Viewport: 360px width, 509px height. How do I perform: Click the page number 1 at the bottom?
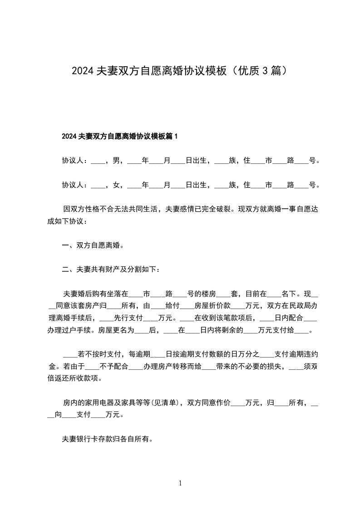point(180,483)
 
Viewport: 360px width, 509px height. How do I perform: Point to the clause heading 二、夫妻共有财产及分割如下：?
point(111,270)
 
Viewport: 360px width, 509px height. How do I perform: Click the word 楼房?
point(208,293)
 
